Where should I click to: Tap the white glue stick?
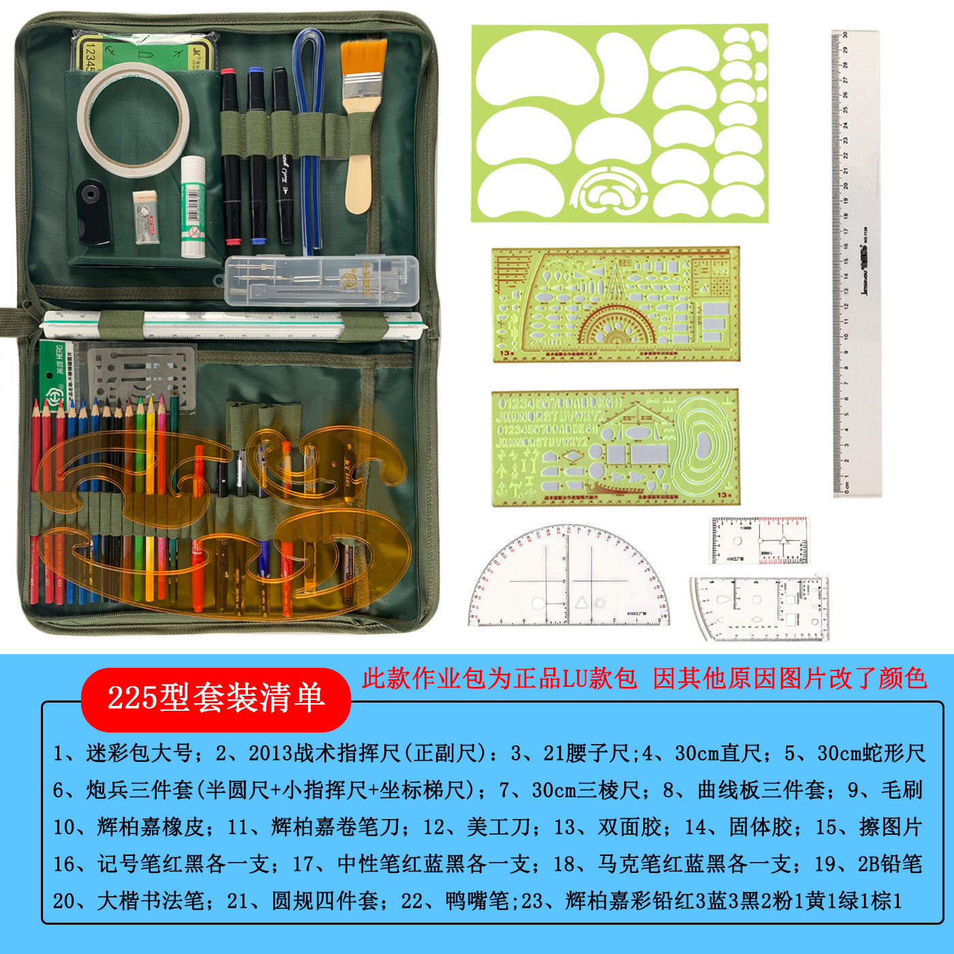coord(193,208)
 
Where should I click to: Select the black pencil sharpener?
coord(93,211)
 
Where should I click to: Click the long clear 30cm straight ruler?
coord(856,262)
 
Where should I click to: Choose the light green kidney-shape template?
coord(619,123)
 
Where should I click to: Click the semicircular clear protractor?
coord(569,579)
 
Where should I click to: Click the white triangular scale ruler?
coord(232,325)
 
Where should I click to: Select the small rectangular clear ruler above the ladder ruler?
coord(759,540)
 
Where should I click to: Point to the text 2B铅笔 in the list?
coord(889,863)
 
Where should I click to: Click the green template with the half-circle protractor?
coord(615,304)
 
